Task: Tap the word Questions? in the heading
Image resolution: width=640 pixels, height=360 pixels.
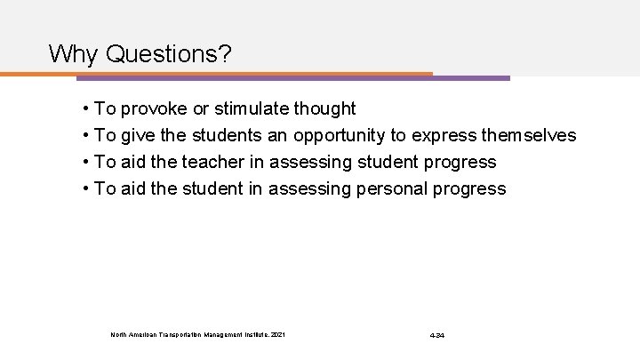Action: [x=169, y=55]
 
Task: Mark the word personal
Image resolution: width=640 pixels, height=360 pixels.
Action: [x=385, y=188]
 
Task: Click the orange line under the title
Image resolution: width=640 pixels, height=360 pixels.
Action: [x=222, y=74]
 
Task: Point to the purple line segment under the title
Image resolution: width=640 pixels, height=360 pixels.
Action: [x=471, y=78]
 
